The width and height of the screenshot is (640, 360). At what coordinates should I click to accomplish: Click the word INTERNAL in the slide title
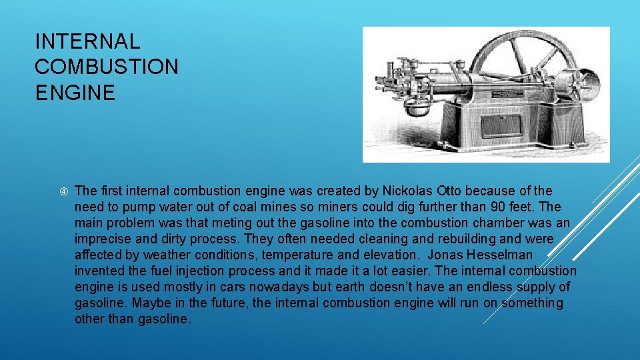point(87,41)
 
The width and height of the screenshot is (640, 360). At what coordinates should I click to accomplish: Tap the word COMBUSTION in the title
point(107,67)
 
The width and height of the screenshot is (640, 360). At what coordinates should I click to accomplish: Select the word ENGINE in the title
point(75,92)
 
